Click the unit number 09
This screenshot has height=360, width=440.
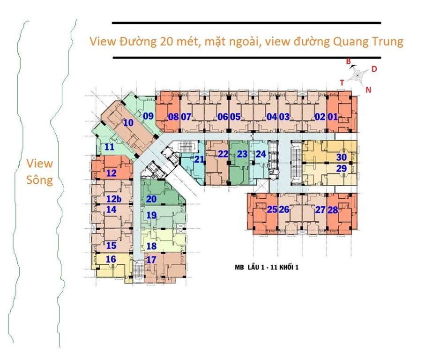point(148,116)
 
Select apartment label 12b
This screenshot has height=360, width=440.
point(114,199)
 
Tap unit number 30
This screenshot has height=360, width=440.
point(342,157)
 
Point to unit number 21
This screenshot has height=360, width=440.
point(199,159)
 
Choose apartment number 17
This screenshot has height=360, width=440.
point(151,260)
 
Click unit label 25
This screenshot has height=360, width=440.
point(272,210)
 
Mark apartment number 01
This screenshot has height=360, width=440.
point(333,117)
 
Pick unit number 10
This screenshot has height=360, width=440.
point(128,123)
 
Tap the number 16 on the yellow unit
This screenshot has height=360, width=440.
point(111,259)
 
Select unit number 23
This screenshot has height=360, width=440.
point(242,154)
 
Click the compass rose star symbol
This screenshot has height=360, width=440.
point(358,75)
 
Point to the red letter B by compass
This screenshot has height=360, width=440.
point(348,61)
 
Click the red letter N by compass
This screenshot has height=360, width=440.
point(368,90)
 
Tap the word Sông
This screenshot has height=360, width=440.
point(39,180)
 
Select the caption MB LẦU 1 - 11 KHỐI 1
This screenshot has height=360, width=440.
point(267,267)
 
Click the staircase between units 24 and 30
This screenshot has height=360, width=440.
point(296,163)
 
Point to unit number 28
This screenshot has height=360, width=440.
point(333,210)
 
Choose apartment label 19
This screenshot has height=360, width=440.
point(151,215)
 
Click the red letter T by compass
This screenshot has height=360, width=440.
point(342,83)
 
